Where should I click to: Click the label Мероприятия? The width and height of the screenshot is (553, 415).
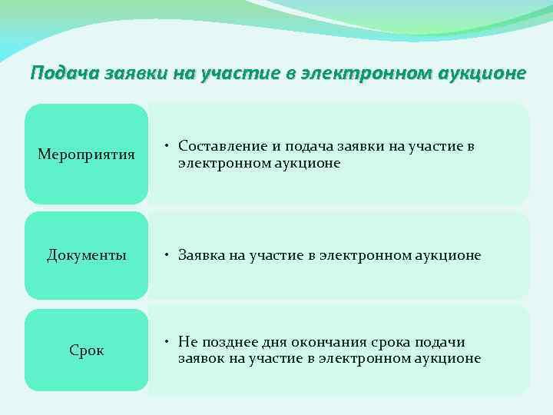click(86, 154)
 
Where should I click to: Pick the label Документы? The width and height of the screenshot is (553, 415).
click(86, 255)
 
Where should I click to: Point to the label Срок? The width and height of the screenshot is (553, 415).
click(86, 350)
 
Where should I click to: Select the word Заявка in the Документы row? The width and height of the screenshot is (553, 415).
click(201, 255)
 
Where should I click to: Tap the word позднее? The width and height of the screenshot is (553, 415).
click(229, 342)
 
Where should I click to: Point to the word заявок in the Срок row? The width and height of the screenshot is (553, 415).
click(199, 358)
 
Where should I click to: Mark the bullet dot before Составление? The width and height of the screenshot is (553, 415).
click(167, 146)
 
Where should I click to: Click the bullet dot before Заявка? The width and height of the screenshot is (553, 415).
click(167, 255)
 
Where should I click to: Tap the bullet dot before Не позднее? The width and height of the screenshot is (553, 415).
click(167, 342)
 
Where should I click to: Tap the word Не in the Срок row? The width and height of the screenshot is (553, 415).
click(187, 342)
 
